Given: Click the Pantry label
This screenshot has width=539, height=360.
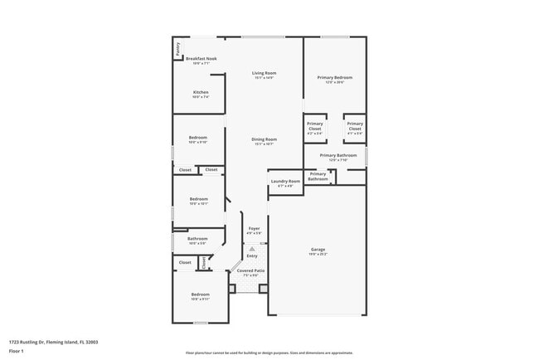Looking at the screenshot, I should pyautogui.click(x=177, y=50).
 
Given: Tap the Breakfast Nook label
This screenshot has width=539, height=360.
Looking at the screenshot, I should pyautogui.click(x=201, y=59).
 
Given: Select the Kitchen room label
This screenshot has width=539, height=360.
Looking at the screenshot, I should pyautogui.click(x=201, y=92).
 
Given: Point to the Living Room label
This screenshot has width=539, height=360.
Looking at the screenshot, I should pyautogui.click(x=265, y=73).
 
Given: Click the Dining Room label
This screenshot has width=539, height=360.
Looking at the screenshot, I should pyautogui.click(x=265, y=139).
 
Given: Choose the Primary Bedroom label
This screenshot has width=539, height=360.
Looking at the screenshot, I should pyautogui.click(x=334, y=78).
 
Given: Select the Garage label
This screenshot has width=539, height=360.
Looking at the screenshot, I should pyautogui.click(x=318, y=249).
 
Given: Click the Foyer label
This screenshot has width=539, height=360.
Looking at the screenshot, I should pyautogui.click(x=254, y=229).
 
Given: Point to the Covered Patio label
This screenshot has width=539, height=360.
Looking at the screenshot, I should pyautogui.click(x=250, y=270).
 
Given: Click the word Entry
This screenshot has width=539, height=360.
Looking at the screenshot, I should pyautogui.click(x=252, y=255).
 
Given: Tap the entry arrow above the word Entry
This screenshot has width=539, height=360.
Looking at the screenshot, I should pyautogui.click(x=252, y=247).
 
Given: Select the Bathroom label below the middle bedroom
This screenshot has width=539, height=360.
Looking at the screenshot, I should pyautogui.click(x=197, y=239).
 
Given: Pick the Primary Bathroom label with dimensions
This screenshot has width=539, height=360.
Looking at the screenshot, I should pyautogui.click(x=337, y=155).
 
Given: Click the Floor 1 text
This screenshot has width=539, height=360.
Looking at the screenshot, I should pyautogui.click(x=17, y=350).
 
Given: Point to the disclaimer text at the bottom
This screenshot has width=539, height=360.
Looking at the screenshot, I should pyautogui.click(x=269, y=353).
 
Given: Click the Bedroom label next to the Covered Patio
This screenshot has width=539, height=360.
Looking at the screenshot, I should pyautogui.click(x=201, y=294).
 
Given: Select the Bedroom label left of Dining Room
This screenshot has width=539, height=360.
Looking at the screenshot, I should pyautogui.click(x=197, y=139).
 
